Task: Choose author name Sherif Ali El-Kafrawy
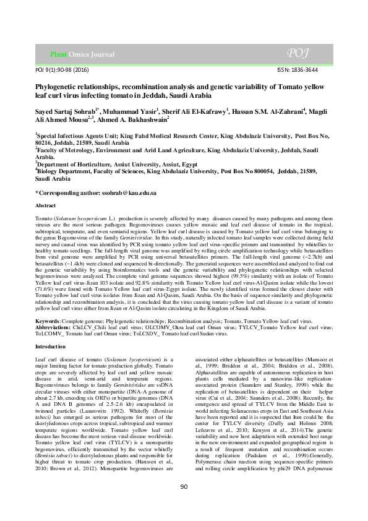tap(195, 111)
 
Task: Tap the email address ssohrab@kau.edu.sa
tap(127, 192)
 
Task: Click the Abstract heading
tap(46, 205)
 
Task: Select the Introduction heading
tap(51, 347)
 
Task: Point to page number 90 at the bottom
tap(184, 504)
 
